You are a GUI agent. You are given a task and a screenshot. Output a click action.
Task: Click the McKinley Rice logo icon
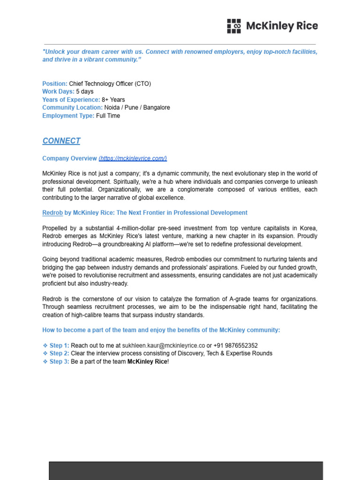(234, 26)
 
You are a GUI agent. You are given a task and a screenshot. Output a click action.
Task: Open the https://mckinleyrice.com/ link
(133, 158)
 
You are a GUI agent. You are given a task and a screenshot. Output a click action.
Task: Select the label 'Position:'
(55, 83)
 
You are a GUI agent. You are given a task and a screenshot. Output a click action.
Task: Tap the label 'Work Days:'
(58, 91)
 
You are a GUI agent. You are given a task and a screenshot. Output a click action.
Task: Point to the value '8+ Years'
(113, 99)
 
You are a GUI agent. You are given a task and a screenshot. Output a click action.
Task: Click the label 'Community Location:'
(72, 107)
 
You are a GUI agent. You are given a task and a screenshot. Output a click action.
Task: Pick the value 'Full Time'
(108, 116)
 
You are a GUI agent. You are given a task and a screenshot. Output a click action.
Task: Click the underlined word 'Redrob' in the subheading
(52, 213)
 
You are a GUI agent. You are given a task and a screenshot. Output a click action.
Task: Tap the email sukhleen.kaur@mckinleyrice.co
(164, 345)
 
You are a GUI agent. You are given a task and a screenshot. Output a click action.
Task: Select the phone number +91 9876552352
(235, 345)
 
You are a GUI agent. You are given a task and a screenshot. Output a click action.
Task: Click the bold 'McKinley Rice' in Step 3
(147, 361)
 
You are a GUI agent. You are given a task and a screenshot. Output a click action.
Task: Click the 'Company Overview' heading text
(69, 158)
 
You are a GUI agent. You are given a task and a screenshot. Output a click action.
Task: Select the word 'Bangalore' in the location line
(157, 107)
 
